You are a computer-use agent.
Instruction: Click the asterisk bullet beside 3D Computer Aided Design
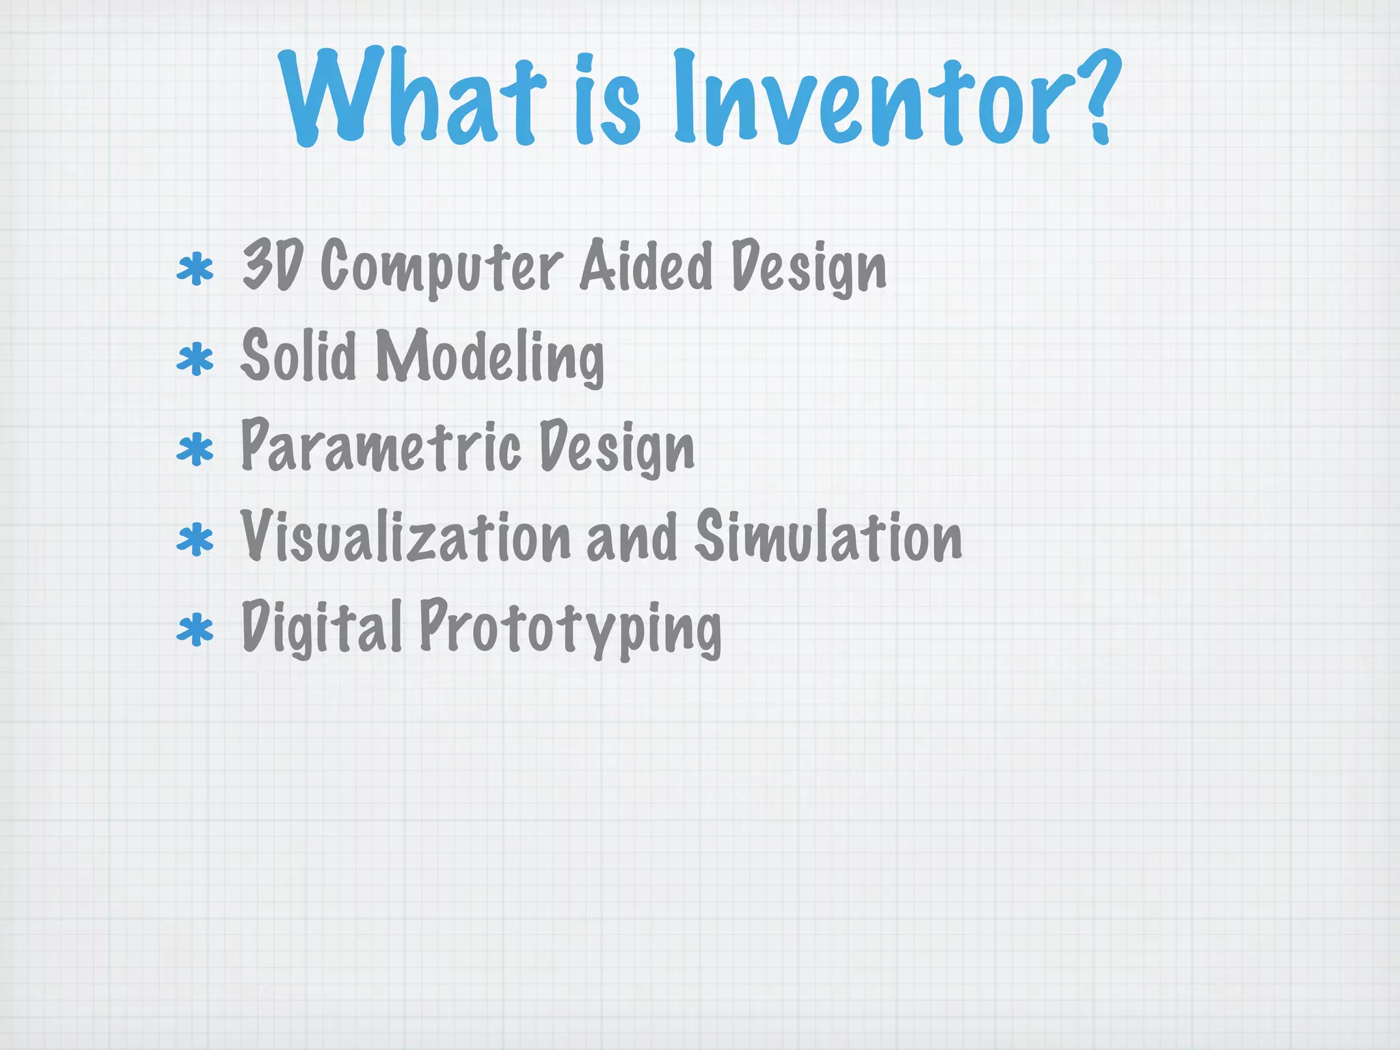pyautogui.click(x=195, y=269)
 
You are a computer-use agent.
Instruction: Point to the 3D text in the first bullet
pyautogui.click(x=272, y=266)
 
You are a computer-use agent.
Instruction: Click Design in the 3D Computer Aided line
pyautogui.click(x=809, y=269)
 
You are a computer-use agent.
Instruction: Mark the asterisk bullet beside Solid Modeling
pyautogui.click(x=195, y=360)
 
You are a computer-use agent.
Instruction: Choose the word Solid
pyautogui.click(x=299, y=355)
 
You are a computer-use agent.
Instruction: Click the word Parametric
pyautogui.click(x=381, y=447)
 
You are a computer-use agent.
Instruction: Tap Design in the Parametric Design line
pyautogui.click(x=617, y=448)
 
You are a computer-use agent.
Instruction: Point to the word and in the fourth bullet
pyautogui.click(x=632, y=539)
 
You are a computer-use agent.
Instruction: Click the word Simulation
pyautogui.click(x=829, y=537)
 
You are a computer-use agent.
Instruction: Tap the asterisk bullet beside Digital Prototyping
pyautogui.click(x=195, y=630)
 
